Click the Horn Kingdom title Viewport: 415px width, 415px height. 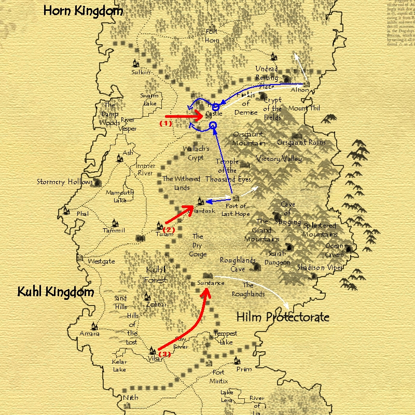click(83, 10)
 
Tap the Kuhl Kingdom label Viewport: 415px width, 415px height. click(56, 292)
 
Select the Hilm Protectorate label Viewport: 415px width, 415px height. click(283, 316)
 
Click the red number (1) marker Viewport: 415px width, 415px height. click(165, 123)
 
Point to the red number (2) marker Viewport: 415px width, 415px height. click(169, 229)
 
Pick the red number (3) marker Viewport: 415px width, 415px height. click(164, 354)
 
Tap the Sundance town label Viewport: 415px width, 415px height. click(211, 283)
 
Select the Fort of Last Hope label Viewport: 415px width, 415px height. click(236, 210)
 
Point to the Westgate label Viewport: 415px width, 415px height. click(101, 261)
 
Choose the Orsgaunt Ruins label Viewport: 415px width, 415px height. click(301, 142)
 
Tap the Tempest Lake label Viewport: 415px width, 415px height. click(226, 337)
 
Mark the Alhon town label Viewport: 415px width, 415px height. click(300, 90)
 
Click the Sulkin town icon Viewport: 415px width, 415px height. click(136, 63)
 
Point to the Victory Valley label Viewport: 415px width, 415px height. click(279, 159)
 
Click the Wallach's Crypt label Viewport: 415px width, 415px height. click(196, 153)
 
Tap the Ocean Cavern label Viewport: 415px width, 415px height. click(334, 251)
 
